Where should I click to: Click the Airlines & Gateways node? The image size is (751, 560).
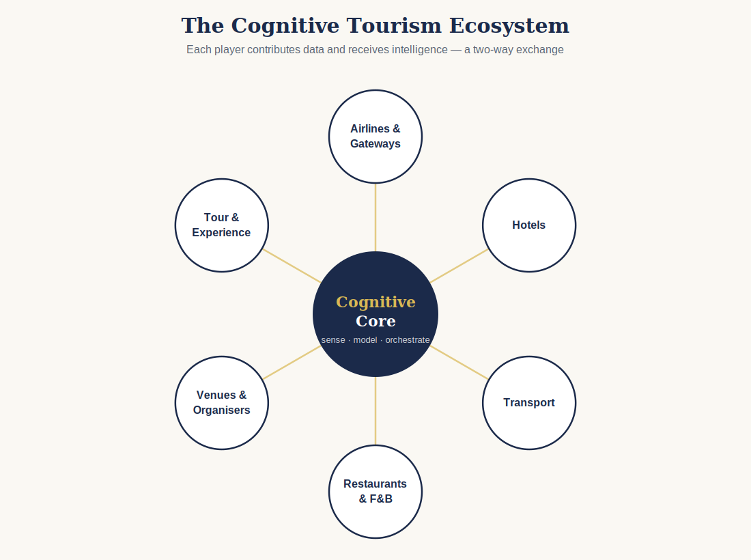point(375,137)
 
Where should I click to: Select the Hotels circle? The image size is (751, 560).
point(529,225)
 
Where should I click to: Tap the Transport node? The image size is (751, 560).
point(529,403)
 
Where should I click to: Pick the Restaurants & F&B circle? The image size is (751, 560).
point(375,492)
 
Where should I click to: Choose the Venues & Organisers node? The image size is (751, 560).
point(222,403)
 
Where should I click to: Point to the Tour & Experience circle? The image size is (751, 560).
point(222,225)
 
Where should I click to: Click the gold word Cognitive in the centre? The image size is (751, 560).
point(375,303)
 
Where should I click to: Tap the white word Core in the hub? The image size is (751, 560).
point(375,321)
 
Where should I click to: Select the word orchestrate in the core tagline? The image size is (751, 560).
point(408,339)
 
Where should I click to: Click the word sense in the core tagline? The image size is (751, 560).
point(333,340)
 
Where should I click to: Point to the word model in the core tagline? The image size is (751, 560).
point(365,339)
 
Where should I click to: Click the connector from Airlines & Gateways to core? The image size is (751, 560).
point(375,217)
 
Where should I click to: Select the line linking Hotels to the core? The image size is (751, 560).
point(459,266)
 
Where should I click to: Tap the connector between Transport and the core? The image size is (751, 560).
point(459,363)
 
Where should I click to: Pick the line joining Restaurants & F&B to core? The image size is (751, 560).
point(375,411)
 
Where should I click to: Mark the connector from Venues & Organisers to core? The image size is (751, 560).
point(292,363)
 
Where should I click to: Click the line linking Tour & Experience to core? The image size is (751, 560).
point(292,266)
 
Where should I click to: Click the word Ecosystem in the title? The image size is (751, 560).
point(509,26)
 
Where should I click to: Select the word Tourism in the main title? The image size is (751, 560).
point(394,26)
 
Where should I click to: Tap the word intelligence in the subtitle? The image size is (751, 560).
point(420,50)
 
